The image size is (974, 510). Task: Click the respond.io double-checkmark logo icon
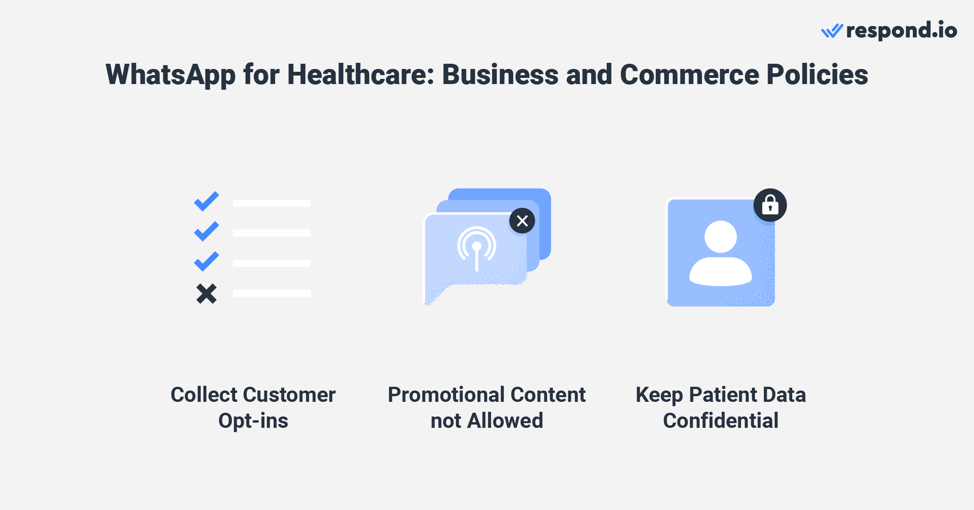[832, 31]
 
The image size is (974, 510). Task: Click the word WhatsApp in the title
[170, 75]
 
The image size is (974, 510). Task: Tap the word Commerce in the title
[689, 75]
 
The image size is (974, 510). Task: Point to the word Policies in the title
[817, 75]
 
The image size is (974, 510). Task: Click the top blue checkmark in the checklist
[206, 201]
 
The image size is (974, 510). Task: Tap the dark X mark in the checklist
[206, 293]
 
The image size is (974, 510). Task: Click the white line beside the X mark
[271, 293]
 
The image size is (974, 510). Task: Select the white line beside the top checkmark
[271, 203]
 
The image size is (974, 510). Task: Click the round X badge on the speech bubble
[522, 221]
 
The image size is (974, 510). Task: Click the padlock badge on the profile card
[770, 205]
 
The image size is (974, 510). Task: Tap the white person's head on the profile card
[720, 237]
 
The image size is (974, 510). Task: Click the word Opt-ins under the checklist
[253, 421]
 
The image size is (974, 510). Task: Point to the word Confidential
[720, 421]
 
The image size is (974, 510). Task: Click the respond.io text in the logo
[901, 31]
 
